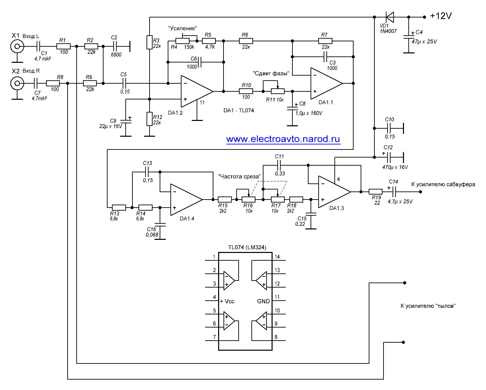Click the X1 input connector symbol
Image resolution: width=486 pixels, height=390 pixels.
(17, 46)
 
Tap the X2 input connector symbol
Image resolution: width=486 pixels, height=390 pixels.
(17, 83)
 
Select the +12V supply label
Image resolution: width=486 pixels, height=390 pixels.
(441, 16)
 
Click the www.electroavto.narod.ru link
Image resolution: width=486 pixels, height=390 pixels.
(283, 139)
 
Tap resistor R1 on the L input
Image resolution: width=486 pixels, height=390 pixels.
(64, 46)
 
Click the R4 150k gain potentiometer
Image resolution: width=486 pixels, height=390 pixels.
(183, 41)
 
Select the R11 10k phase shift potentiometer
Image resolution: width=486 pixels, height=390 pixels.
(278, 91)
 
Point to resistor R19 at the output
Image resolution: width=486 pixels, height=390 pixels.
(375, 192)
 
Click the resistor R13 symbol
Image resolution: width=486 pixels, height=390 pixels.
(119, 208)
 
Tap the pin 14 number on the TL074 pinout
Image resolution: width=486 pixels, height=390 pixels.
(277, 257)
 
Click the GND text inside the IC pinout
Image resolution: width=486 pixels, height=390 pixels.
(263, 301)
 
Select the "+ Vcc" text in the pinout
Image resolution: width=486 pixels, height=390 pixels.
(227, 301)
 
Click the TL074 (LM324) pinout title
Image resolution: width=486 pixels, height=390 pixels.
(247, 248)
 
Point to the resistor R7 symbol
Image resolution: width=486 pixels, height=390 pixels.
(325, 41)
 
